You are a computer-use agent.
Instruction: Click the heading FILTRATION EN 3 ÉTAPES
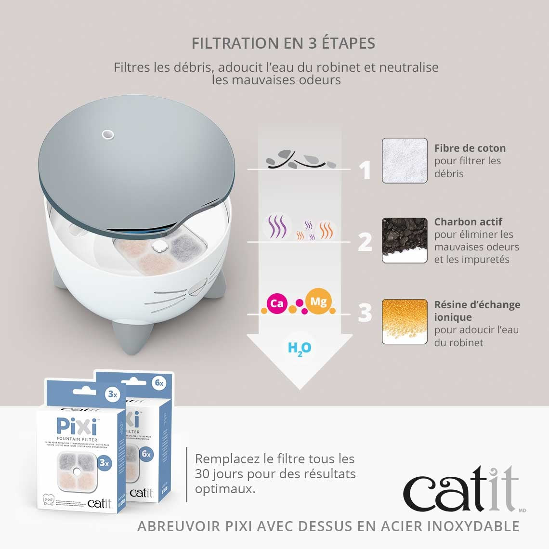coord(283,43)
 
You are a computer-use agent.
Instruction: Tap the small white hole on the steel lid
coord(108,134)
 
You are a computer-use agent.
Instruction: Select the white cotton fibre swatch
coord(405,160)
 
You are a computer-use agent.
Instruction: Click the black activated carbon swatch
coord(405,240)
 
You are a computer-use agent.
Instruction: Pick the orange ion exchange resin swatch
coord(405,321)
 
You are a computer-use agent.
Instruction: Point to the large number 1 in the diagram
coord(366,170)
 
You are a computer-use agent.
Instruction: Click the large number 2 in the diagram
coord(365,242)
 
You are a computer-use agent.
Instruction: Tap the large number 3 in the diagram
coord(365,314)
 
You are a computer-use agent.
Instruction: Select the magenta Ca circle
coord(277,304)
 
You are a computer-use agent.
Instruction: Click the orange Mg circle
coord(318,302)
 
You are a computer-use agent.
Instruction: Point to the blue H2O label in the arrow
coord(299,348)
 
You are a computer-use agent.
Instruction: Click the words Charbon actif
coord(468,222)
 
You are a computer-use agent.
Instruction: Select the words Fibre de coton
coord(470,148)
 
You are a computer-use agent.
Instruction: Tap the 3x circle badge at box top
coord(112,394)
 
